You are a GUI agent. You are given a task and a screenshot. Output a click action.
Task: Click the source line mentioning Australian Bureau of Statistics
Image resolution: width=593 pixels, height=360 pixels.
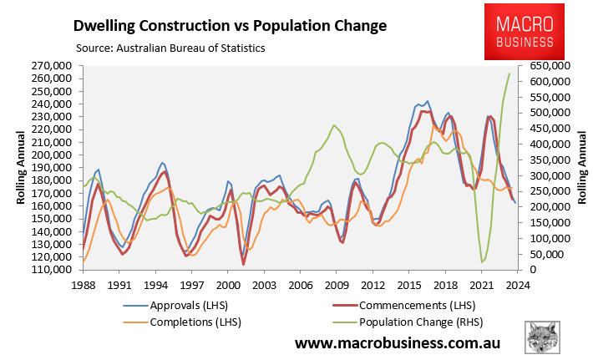pyautogui.click(x=170, y=48)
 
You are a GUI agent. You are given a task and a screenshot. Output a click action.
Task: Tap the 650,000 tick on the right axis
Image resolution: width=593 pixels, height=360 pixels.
pyautogui.click(x=544, y=65)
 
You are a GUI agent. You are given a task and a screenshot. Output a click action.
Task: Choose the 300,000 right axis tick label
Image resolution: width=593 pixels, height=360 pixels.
pyautogui.click(x=544, y=175)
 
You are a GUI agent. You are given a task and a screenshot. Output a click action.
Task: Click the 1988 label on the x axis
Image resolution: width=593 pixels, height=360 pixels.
pyautogui.click(x=84, y=284)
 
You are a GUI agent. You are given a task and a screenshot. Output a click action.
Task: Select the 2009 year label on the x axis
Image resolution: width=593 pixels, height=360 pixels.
pyautogui.click(x=336, y=284)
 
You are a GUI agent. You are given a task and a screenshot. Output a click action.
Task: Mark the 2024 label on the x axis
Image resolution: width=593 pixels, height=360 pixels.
pyautogui.click(x=516, y=284)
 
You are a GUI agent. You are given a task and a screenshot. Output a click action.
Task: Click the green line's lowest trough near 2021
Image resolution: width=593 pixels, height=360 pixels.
pyautogui.click(x=483, y=262)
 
